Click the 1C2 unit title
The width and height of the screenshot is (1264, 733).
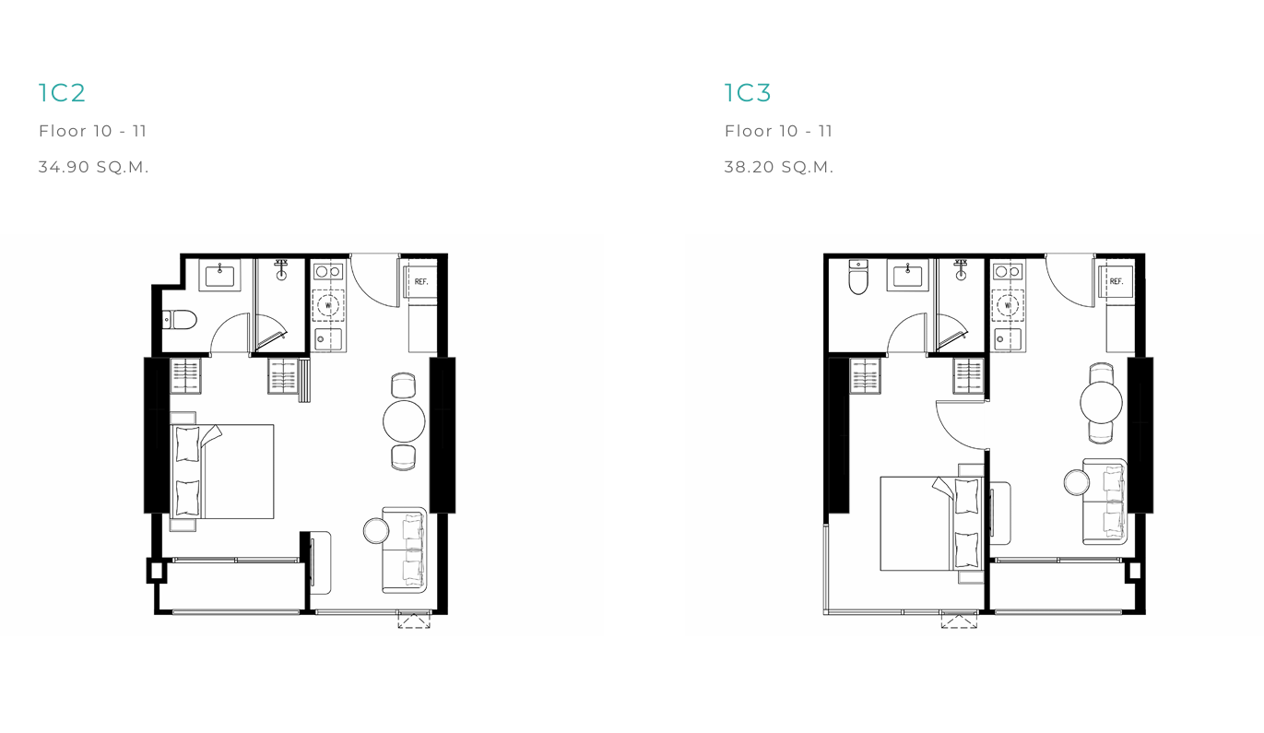(x=62, y=93)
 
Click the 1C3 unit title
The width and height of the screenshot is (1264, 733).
(x=748, y=93)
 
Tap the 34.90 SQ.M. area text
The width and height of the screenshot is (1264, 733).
(x=94, y=167)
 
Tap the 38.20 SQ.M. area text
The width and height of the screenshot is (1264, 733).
(x=779, y=167)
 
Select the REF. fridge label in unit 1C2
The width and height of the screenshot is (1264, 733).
(x=421, y=281)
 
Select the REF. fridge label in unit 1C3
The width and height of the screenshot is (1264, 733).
(x=1116, y=281)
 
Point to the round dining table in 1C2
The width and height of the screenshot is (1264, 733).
(x=404, y=421)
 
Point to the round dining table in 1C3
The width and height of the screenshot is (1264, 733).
(x=1101, y=402)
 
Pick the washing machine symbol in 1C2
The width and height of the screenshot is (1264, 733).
(x=328, y=305)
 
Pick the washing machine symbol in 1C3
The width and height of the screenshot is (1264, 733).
(x=1008, y=305)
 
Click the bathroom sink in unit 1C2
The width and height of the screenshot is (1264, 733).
(x=219, y=276)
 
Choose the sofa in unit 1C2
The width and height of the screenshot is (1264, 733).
(x=404, y=550)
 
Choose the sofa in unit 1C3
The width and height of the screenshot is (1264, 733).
(x=1105, y=502)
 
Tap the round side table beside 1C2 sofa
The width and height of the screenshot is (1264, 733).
(x=376, y=530)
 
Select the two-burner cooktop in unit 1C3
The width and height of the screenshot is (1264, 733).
(x=1008, y=272)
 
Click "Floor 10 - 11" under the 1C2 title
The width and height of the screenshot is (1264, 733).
(x=92, y=131)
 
